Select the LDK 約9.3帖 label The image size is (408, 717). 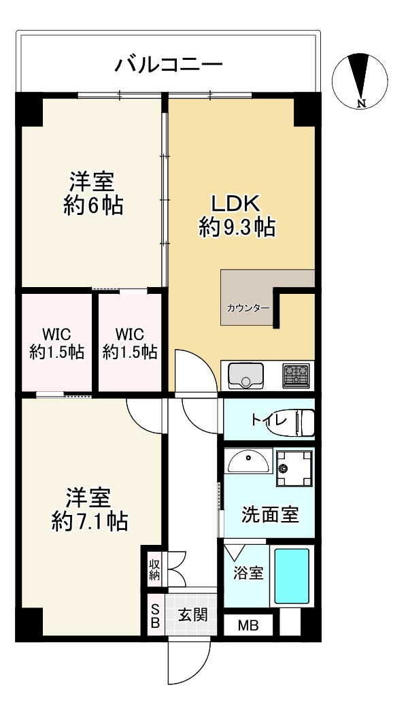[x=236, y=215]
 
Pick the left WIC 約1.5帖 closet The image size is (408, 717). [x=56, y=344]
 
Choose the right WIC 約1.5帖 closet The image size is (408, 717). [x=130, y=344]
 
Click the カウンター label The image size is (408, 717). [x=248, y=307]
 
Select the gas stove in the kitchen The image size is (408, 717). [x=296, y=375]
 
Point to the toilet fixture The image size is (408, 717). [x=303, y=421]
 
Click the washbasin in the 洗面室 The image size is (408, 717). [x=248, y=463]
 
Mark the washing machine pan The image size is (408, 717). [x=293, y=468]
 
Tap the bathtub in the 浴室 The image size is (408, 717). [x=292, y=576]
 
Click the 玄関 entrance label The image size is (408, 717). [x=192, y=614]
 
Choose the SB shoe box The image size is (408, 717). [x=155, y=614]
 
